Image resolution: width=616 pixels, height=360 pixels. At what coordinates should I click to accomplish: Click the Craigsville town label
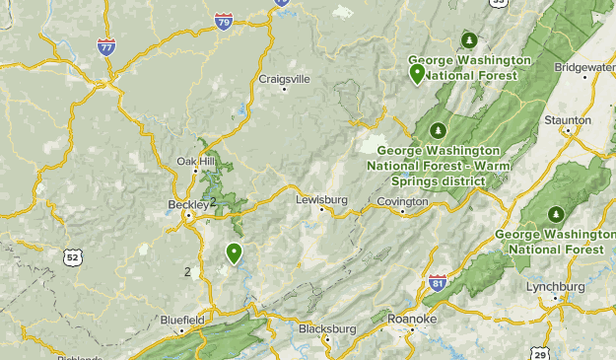[284, 79]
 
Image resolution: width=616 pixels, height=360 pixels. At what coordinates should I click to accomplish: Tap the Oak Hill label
[194, 162]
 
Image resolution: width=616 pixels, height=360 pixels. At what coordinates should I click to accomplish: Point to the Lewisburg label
[321, 199]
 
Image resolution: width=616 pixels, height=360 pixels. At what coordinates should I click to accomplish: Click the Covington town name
[402, 201]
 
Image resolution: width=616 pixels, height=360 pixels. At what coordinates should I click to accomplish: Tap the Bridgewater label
[585, 67]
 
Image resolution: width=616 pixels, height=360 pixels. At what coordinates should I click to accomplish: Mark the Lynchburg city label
[556, 286]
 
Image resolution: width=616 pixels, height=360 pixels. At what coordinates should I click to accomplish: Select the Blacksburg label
[326, 328]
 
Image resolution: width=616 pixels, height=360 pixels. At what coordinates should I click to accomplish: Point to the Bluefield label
[182, 320]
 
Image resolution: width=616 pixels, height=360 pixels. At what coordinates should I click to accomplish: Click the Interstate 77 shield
[106, 46]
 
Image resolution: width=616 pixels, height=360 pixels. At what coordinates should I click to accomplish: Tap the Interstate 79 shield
[224, 20]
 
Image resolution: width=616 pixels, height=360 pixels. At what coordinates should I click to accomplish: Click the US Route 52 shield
[71, 257]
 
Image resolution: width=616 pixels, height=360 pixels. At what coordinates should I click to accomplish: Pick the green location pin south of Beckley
[234, 253]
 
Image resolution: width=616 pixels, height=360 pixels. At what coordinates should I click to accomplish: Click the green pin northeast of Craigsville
[417, 71]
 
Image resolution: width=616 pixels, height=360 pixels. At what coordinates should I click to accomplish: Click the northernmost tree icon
[469, 40]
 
